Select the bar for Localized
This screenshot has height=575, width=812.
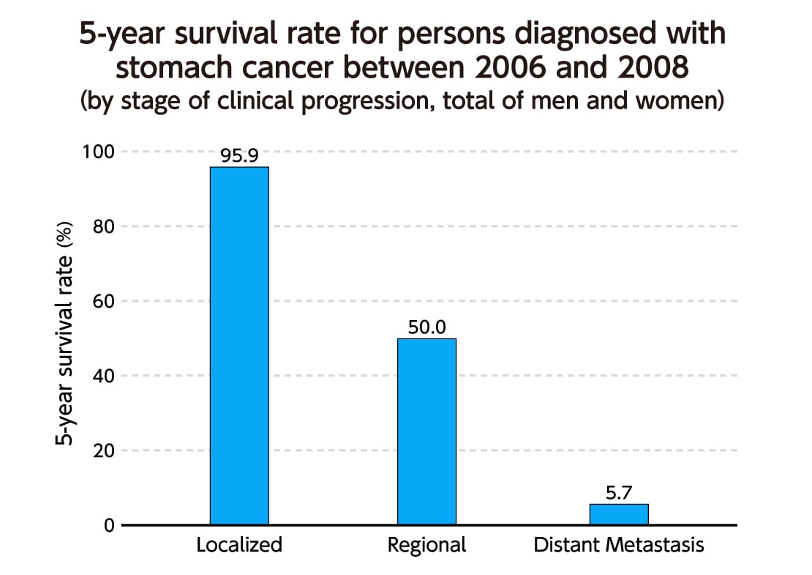(x=239, y=346)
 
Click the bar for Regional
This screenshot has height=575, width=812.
(x=426, y=431)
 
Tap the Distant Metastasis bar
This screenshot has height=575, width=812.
(x=618, y=514)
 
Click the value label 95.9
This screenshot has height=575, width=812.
(x=239, y=157)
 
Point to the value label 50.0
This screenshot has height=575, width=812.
(x=426, y=327)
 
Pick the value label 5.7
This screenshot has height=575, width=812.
(x=618, y=493)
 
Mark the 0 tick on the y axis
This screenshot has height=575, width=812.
(x=108, y=525)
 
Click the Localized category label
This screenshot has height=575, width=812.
(x=239, y=546)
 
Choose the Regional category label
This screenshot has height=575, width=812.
(x=426, y=546)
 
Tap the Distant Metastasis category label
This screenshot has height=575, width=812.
(x=618, y=546)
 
